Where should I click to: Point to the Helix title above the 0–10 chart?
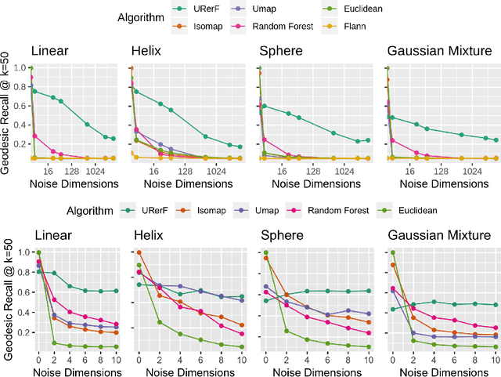pyautogui.click(x=148, y=235)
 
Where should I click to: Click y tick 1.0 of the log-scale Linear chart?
pyautogui.click(x=23, y=68)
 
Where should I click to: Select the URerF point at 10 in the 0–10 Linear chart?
pyautogui.click(x=115, y=291)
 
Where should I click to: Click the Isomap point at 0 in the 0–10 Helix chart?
pyautogui.click(x=139, y=252)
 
